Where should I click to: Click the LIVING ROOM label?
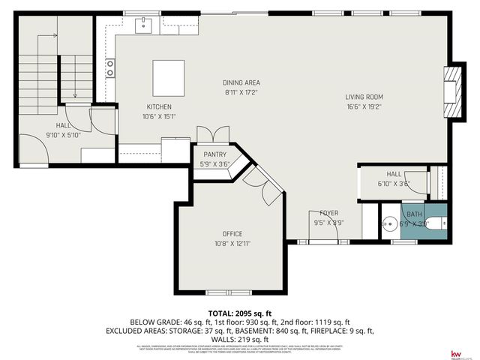(x=364, y=97)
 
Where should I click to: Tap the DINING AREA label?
(x=241, y=82)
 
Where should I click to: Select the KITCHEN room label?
(x=158, y=106)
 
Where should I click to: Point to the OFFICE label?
(x=232, y=234)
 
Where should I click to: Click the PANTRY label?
(x=214, y=154)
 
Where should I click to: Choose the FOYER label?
(x=328, y=213)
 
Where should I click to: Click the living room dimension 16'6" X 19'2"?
(x=364, y=106)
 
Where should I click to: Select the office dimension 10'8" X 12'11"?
(x=232, y=244)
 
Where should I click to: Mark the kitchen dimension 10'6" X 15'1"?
(x=158, y=116)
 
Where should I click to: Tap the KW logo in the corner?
(x=455, y=353)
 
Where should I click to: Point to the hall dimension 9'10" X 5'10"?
(x=64, y=135)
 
